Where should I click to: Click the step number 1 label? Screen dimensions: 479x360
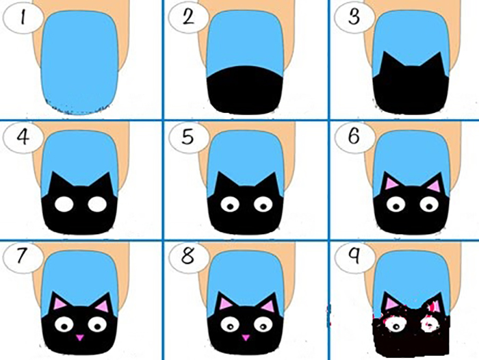[23, 18]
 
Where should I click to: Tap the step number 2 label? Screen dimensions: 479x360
[188, 16]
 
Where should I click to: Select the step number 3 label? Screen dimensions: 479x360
[354, 17]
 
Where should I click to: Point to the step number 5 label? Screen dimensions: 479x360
[188, 137]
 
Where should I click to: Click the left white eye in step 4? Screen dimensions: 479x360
[64, 205]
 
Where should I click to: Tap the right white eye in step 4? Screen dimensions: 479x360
[97, 204]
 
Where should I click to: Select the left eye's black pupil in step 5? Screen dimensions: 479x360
[231, 207]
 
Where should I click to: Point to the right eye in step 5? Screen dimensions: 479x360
[263, 204]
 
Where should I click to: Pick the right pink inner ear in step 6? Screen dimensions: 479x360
[434, 185]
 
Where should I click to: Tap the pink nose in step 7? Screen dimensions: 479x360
[80, 337]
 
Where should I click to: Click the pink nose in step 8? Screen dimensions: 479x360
[246, 337]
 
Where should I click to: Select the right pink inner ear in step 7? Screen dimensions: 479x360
[103, 306]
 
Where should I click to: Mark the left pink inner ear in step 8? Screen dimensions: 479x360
[225, 305]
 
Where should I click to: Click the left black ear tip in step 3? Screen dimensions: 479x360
[385, 52]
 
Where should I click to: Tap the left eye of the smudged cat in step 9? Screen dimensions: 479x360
[396, 326]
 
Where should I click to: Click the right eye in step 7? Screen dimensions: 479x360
[97, 324]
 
